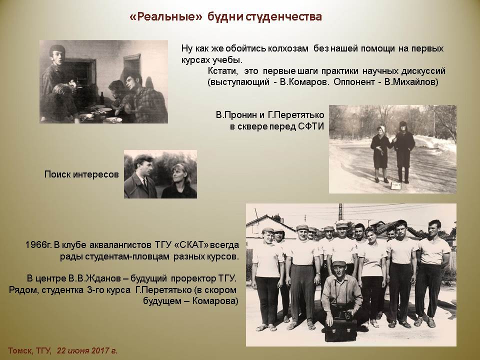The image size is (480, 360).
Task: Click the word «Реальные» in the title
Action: point(166,16)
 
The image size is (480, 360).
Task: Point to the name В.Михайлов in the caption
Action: point(411,82)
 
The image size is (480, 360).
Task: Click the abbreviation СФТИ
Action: point(310,126)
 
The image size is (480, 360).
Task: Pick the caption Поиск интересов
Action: point(81,174)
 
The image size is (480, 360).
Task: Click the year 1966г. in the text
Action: point(38,245)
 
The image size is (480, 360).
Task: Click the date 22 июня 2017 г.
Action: point(87,350)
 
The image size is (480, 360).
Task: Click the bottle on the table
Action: point(102,99)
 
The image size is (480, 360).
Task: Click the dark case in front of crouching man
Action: point(340,330)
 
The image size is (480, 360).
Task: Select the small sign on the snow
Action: point(396,185)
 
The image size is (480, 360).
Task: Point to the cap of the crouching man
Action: point(338,263)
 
